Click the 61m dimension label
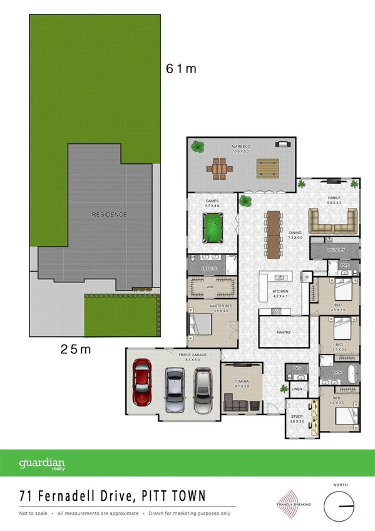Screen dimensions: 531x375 (181, 69)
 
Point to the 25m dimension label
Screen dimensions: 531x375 (76, 349)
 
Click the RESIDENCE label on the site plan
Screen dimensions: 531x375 (109, 215)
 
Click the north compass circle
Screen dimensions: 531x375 (340, 505)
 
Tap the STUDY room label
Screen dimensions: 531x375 (296, 416)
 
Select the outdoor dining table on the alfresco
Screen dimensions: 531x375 (220, 168)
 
